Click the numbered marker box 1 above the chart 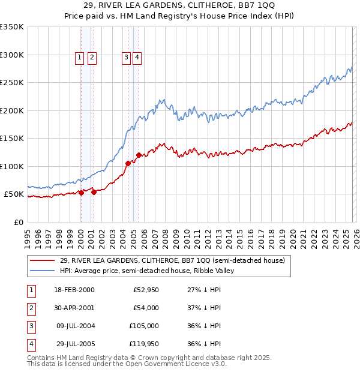80,58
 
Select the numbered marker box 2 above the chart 92,58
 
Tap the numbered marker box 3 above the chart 127,58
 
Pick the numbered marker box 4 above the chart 137,58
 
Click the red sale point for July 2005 139,155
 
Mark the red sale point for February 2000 81,193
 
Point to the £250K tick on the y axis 13,83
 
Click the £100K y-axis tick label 13,166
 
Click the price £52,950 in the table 145,290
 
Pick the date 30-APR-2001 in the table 74,308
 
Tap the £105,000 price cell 143,326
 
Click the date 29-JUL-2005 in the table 74,344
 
